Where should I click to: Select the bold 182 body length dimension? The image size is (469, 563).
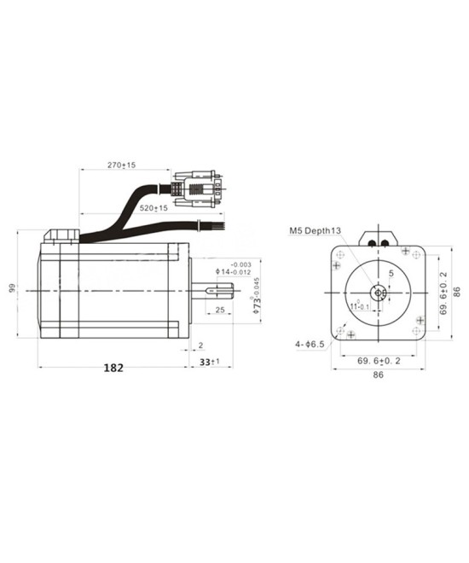113,369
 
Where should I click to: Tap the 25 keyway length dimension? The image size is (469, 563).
219,310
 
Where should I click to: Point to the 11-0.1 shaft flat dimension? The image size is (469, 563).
358,306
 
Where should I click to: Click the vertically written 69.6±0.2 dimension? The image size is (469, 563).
443,293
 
